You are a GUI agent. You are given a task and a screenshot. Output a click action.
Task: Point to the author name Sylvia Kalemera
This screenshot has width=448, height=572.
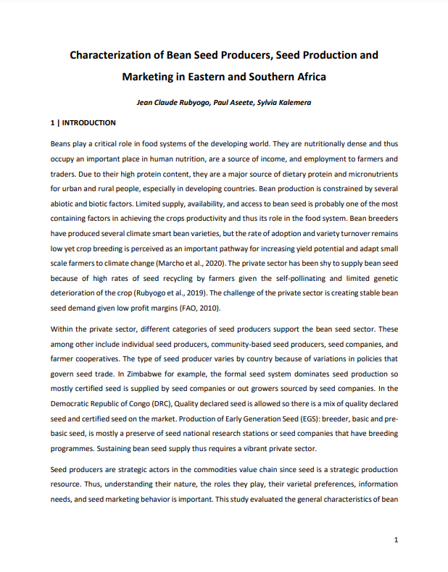283,103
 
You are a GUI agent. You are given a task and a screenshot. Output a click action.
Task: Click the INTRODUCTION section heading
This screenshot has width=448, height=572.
88,123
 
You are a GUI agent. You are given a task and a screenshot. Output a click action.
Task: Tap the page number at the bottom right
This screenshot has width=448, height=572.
396,540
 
